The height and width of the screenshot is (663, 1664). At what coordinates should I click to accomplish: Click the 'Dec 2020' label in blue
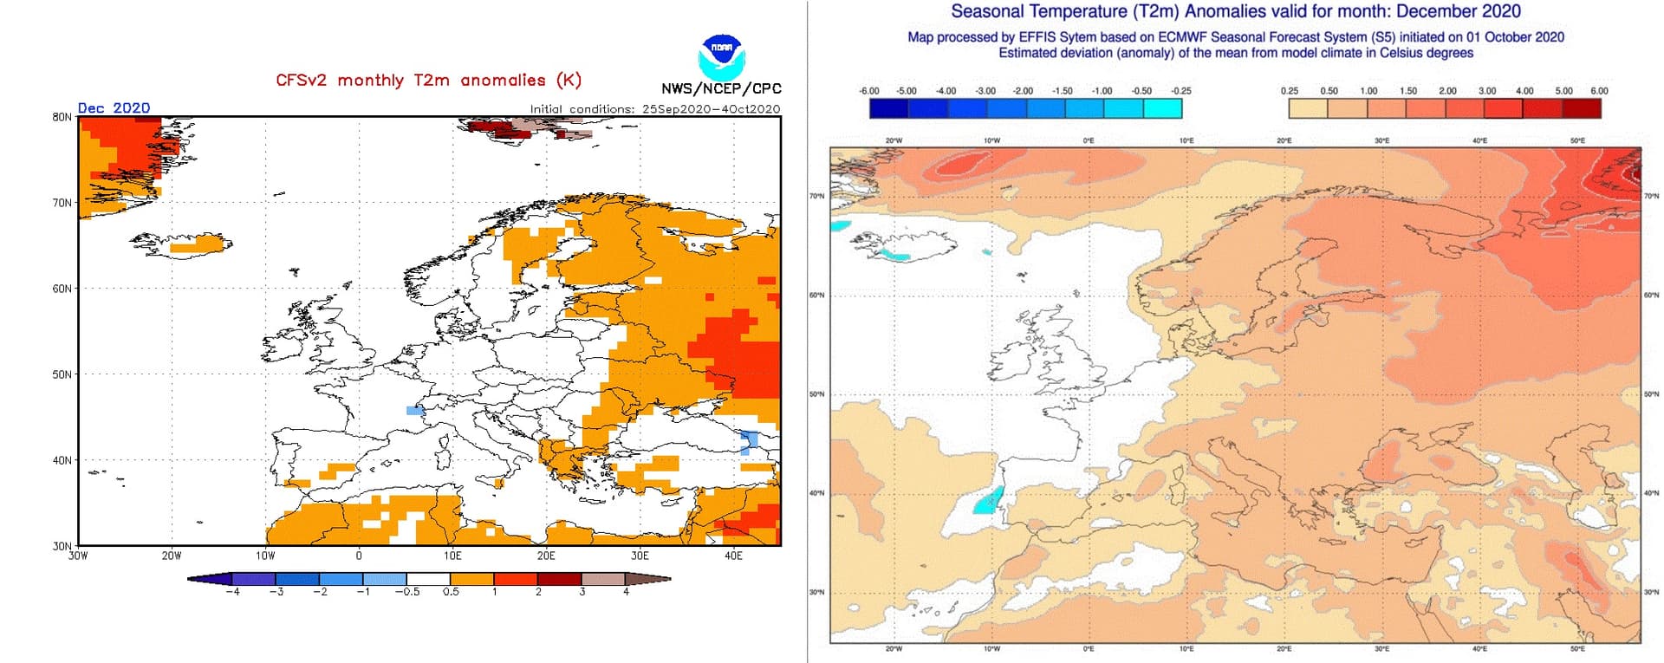(x=114, y=107)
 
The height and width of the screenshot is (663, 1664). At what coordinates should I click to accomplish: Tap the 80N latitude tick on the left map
(x=62, y=117)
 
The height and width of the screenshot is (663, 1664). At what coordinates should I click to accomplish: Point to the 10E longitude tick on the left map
(x=452, y=556)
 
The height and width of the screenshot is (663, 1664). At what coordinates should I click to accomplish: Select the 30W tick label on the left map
(x=78, y=556)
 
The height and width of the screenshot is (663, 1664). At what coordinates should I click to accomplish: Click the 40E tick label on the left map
(x=733, y=556)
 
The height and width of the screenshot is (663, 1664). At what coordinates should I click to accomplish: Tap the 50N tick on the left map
(x=62, y=374)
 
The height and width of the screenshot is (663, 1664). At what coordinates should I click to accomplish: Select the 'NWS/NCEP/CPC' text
(x=721, y=88)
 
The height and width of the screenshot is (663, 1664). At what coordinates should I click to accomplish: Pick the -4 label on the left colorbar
(x=231, y=592)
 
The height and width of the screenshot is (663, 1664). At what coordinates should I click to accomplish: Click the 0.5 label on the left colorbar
(x=451, y=592)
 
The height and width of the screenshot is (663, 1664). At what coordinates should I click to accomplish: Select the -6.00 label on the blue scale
(x=868, y=91)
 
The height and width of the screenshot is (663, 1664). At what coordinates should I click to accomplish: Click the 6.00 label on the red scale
(x=1599, y=91)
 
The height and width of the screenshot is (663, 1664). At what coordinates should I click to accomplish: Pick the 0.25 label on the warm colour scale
(x=1290, y=91)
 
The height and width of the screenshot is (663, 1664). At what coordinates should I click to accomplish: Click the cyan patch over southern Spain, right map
(x=987, y=502)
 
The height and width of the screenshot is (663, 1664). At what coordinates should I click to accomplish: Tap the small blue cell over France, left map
(x=415, y=411)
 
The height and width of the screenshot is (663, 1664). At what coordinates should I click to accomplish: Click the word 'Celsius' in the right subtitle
(x=1404, y=53)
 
